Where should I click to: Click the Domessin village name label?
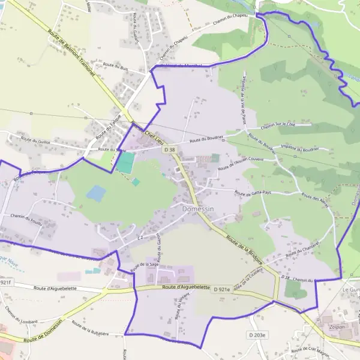(199, 208)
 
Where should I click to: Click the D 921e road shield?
(222, 289)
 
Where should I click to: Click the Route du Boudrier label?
(206, 139)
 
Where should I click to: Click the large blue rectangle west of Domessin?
(96, 193)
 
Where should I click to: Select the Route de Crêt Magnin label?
(312, 350)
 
